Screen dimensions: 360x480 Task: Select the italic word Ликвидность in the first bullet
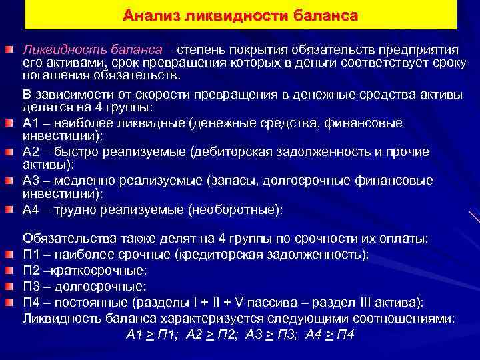[x=59, y=51]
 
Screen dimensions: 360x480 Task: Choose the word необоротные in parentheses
[x=234, y=209]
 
